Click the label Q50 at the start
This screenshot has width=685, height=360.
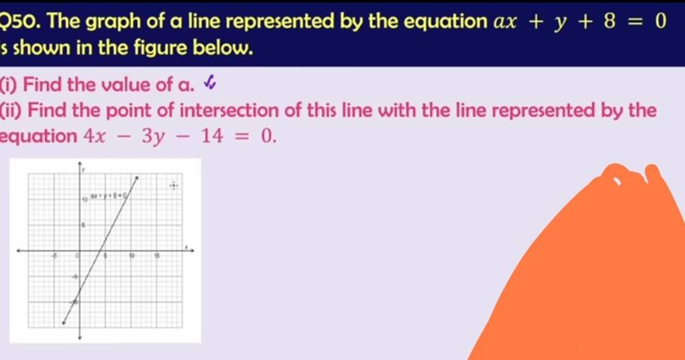tap(15, 22)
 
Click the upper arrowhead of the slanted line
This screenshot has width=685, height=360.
tap(137, 177)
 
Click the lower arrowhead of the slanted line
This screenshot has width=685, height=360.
tap(63, 323)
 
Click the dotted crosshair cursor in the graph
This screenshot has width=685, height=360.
tap(174, 185)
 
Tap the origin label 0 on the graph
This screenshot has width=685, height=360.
tap(77, 256)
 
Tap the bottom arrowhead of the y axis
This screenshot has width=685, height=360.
tap(80, 337)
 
